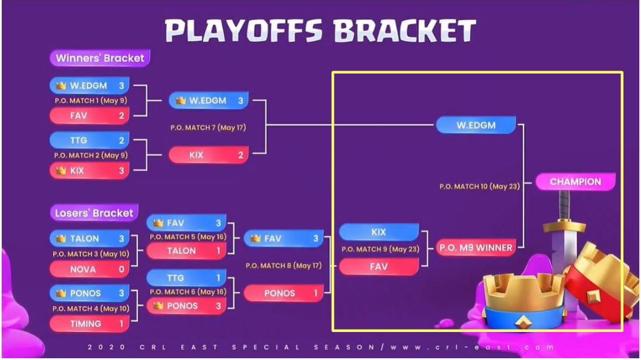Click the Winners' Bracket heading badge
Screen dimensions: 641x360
(x=100, y=58)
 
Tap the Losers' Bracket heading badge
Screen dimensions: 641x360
(x=94, y=212)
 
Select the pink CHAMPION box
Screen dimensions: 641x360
(x=575, y=182)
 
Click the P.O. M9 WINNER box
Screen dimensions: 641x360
(x=475, y=247)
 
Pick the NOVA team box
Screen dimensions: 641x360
(x=89, y=270)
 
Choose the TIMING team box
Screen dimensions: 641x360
(x=89, y=324)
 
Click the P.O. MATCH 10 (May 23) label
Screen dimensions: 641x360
(x=479, y=186)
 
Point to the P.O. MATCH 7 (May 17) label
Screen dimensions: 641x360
(x=208, y=128)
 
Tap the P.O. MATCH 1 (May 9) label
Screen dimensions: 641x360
(x=90, y=100)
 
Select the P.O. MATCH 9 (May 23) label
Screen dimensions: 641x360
(x=380, y=249)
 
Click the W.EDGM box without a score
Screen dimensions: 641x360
(x=476, y=125)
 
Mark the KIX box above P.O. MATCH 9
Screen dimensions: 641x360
(x=379, y=232)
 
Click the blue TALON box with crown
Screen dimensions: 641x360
(x=89, y=238)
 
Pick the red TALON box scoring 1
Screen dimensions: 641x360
(x=186, y=251)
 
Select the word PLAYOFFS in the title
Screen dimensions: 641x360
(x=243, y=31)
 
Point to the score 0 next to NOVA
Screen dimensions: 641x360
(x=121, y=270)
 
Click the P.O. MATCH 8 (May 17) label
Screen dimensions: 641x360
(x=283, y=265)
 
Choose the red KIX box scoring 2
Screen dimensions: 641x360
(x=208, y=155)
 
